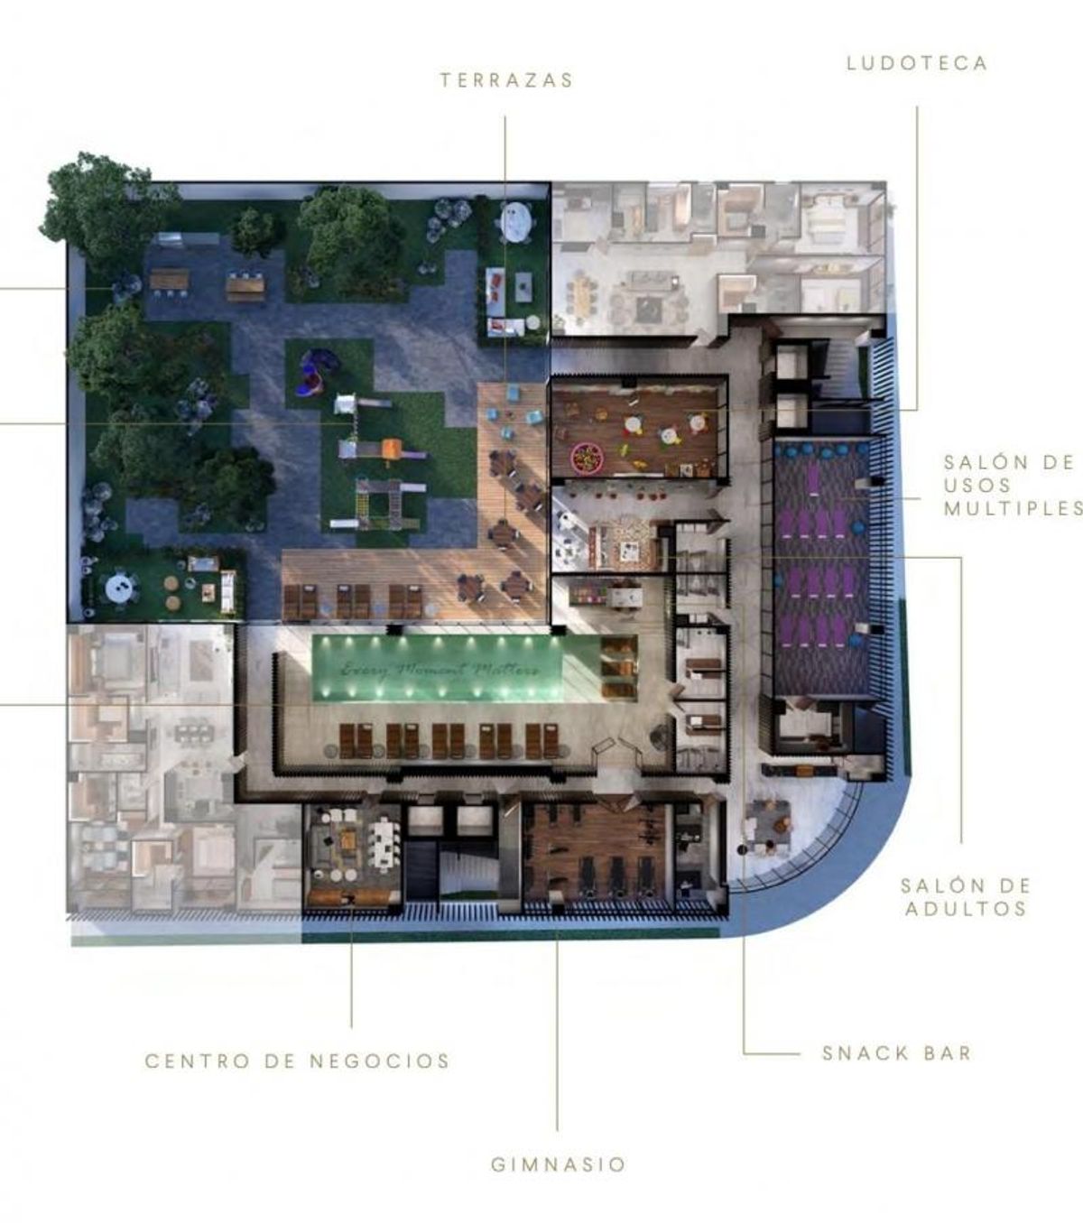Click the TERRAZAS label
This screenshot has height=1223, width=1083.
[506, 80]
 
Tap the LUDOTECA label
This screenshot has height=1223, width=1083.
[916, 63]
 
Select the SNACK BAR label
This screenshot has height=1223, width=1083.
[896, 1053]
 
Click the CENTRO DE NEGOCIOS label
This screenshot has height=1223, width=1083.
[298, 1061]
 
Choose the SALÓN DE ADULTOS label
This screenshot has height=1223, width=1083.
[966, 897]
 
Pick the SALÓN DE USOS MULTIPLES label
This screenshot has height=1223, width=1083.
[1013, 486]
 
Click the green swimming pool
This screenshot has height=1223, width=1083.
[438, 669]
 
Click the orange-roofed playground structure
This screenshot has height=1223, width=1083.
[392, 448]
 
